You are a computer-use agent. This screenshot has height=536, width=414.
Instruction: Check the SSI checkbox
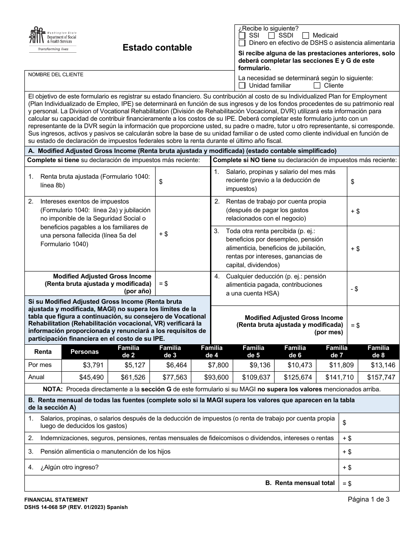tap(242, 36)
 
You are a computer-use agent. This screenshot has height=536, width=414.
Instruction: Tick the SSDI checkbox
tap(271, 36)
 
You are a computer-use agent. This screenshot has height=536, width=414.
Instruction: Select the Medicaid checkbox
tap(305, 36)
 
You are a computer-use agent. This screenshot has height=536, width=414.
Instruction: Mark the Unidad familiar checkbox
tap(242, 85)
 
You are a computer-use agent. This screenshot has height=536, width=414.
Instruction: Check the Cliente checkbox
tap(317, 85)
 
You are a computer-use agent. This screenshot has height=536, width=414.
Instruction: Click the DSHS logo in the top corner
tap(52, 39)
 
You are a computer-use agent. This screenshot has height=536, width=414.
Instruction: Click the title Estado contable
tap(157, 48)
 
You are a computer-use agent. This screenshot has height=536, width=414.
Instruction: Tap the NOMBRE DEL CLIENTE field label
tap(56, 75)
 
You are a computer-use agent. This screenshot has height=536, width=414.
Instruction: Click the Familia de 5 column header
tap(253, 351)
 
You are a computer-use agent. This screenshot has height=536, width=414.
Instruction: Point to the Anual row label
tap(36, 377)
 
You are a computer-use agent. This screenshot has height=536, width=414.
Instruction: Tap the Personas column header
tap(85, 352)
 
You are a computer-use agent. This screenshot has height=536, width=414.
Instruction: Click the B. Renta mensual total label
tap(300, 483)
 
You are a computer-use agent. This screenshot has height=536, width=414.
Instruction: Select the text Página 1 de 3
tap(368, 500)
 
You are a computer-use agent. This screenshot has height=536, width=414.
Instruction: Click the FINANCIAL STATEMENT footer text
tap(56, 500)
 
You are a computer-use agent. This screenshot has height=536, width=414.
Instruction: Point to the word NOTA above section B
tap(52, 389)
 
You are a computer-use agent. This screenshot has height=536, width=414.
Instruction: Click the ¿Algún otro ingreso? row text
tap(69, 467)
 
